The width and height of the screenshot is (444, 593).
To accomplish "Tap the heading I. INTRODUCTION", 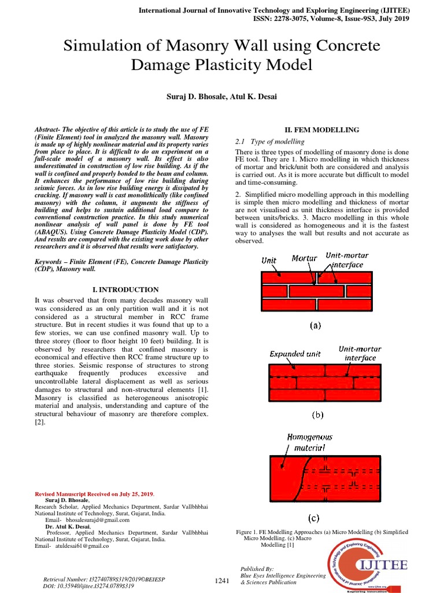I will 121,290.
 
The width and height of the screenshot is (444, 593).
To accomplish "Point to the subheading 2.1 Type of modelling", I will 269,141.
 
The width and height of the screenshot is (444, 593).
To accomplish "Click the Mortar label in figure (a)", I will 305,258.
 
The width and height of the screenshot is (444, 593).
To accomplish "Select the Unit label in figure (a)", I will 269,261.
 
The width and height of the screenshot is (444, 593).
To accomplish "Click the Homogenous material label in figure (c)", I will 310,442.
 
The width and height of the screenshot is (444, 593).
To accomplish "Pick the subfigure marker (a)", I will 315,325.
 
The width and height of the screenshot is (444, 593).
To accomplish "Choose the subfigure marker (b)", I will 317,415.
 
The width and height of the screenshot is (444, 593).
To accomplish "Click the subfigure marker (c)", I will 313,518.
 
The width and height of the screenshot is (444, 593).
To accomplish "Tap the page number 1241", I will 223,581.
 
